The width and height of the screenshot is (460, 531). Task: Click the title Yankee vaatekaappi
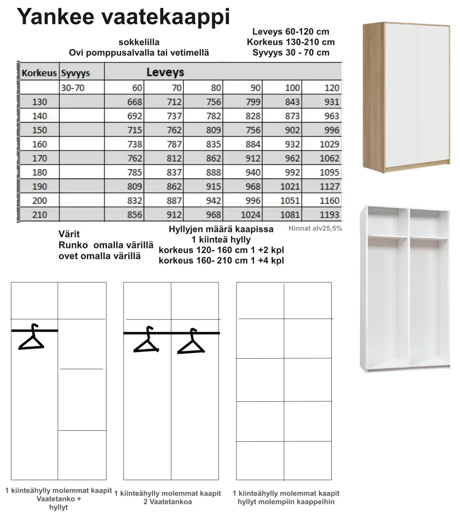[123, 18]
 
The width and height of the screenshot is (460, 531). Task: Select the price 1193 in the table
[329, 215]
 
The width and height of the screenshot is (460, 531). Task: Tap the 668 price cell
[135, 102]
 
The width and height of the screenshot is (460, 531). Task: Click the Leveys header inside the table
[165, 72]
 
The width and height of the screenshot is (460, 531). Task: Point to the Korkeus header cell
[39, 73]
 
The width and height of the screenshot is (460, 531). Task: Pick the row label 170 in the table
[40, 158]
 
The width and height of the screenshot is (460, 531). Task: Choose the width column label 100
[292, 88]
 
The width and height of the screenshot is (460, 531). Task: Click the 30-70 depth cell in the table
[73, 88]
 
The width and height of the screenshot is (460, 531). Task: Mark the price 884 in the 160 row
[252, 144]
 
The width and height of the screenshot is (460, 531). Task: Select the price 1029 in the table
[329, 144]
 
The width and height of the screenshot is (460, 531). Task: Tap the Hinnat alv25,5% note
[315, 229]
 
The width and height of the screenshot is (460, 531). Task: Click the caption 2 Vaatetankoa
[168, 502]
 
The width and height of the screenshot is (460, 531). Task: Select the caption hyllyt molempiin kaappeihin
[286, 502]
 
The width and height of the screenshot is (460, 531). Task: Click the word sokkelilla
[139, 42]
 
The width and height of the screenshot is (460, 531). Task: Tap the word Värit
[69, 234]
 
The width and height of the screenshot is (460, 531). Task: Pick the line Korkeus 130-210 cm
[291, 42]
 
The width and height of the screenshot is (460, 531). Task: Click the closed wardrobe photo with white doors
[406, 96]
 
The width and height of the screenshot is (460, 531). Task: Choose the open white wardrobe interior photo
[404, 288]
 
